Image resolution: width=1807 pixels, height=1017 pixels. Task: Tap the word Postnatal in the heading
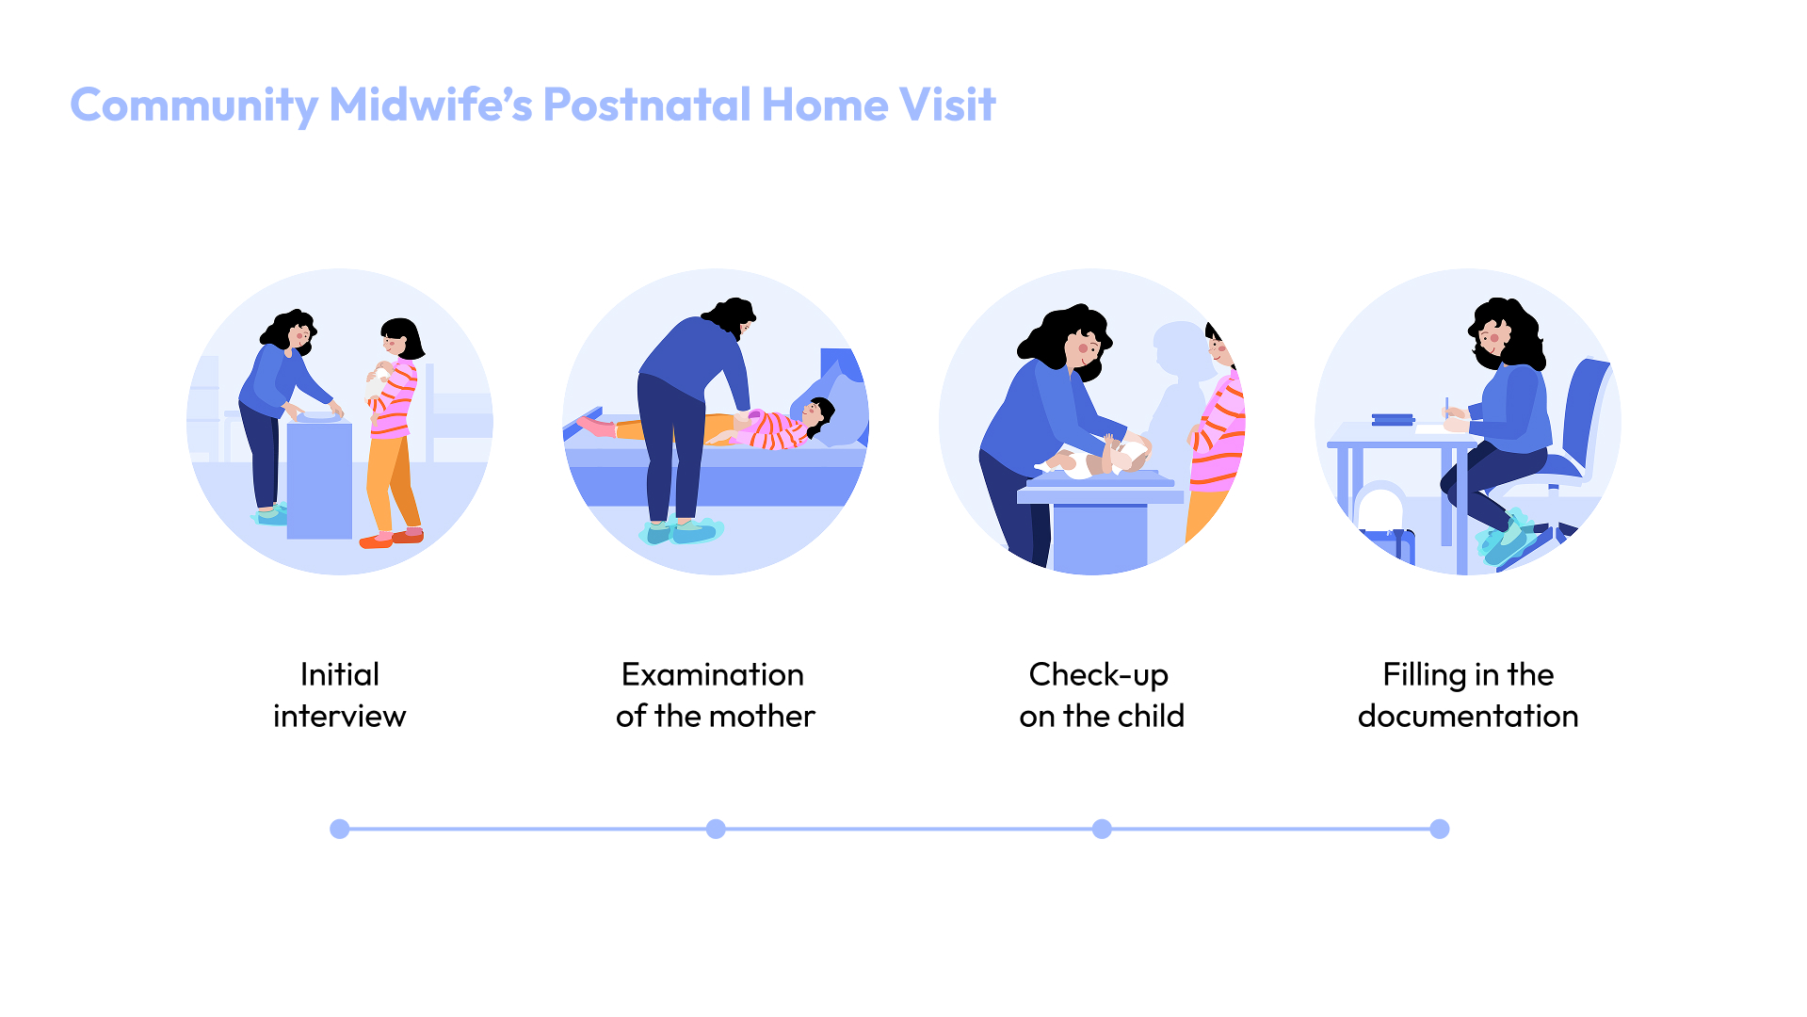(x=647, y=105)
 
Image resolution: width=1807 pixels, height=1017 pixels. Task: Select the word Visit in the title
(x=946, y=105)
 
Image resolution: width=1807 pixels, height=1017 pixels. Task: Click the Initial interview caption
(x=339, y=695)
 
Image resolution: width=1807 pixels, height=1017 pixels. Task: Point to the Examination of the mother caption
(x=715, y=695)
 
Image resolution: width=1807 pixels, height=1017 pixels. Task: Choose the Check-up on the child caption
(x=1101, y=695)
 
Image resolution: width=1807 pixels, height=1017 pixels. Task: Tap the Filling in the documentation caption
(x=1467, y=695)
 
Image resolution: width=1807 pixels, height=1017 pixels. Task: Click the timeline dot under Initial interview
(x=340, y=829)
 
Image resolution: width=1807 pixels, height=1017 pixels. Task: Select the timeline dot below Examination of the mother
(x=716, y=829)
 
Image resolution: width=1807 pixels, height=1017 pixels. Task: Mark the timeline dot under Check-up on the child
(x=1102, y=829)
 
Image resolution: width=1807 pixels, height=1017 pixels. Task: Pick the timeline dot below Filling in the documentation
(x=1440, y=829)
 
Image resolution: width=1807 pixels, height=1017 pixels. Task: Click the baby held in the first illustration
(x=379, y=381)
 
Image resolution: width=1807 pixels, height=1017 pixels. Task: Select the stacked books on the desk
(x=1394, y=419)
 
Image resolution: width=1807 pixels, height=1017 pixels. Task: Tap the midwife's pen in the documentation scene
(x=1447, y=407)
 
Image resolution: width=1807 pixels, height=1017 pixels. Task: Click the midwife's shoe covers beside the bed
(x=682, y=532)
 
